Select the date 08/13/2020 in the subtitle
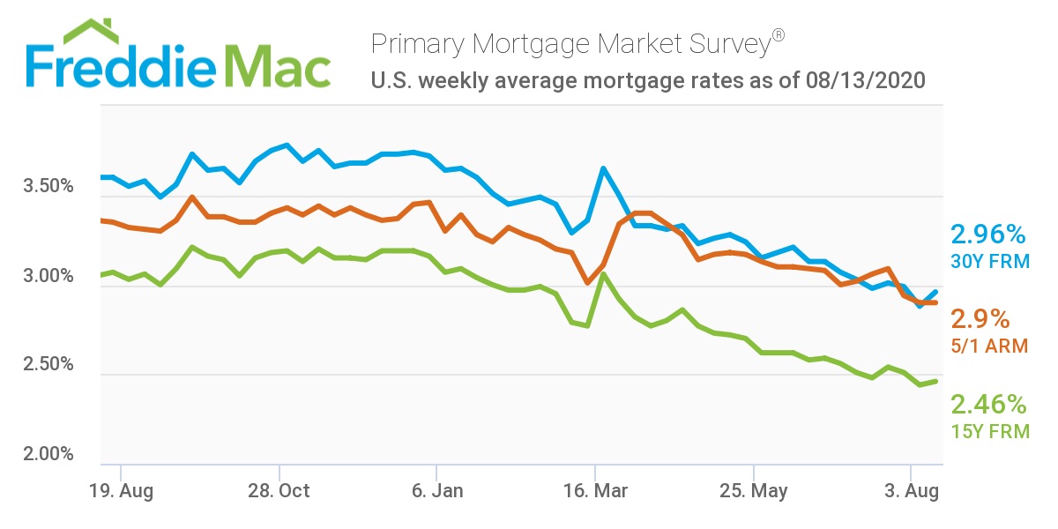[x=865, y=81]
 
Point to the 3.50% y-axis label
[x=48, y=187]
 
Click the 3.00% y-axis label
[x=48, y=276]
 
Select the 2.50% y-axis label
[x=48, y=365]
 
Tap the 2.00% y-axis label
[x=48, y=454]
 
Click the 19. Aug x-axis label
[x=122, y=490]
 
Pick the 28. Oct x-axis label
[x=279, y=490]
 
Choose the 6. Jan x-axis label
[x=437, y=490]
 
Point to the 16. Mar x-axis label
[x=596, y=490]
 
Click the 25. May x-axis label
[x=754, y=490]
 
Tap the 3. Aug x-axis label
[x=912, y=490]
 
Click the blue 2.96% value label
[x=988, y=235]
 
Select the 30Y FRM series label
[x=988, y=261]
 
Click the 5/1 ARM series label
[x=989, y=346]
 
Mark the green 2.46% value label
[x=988, y=405]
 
